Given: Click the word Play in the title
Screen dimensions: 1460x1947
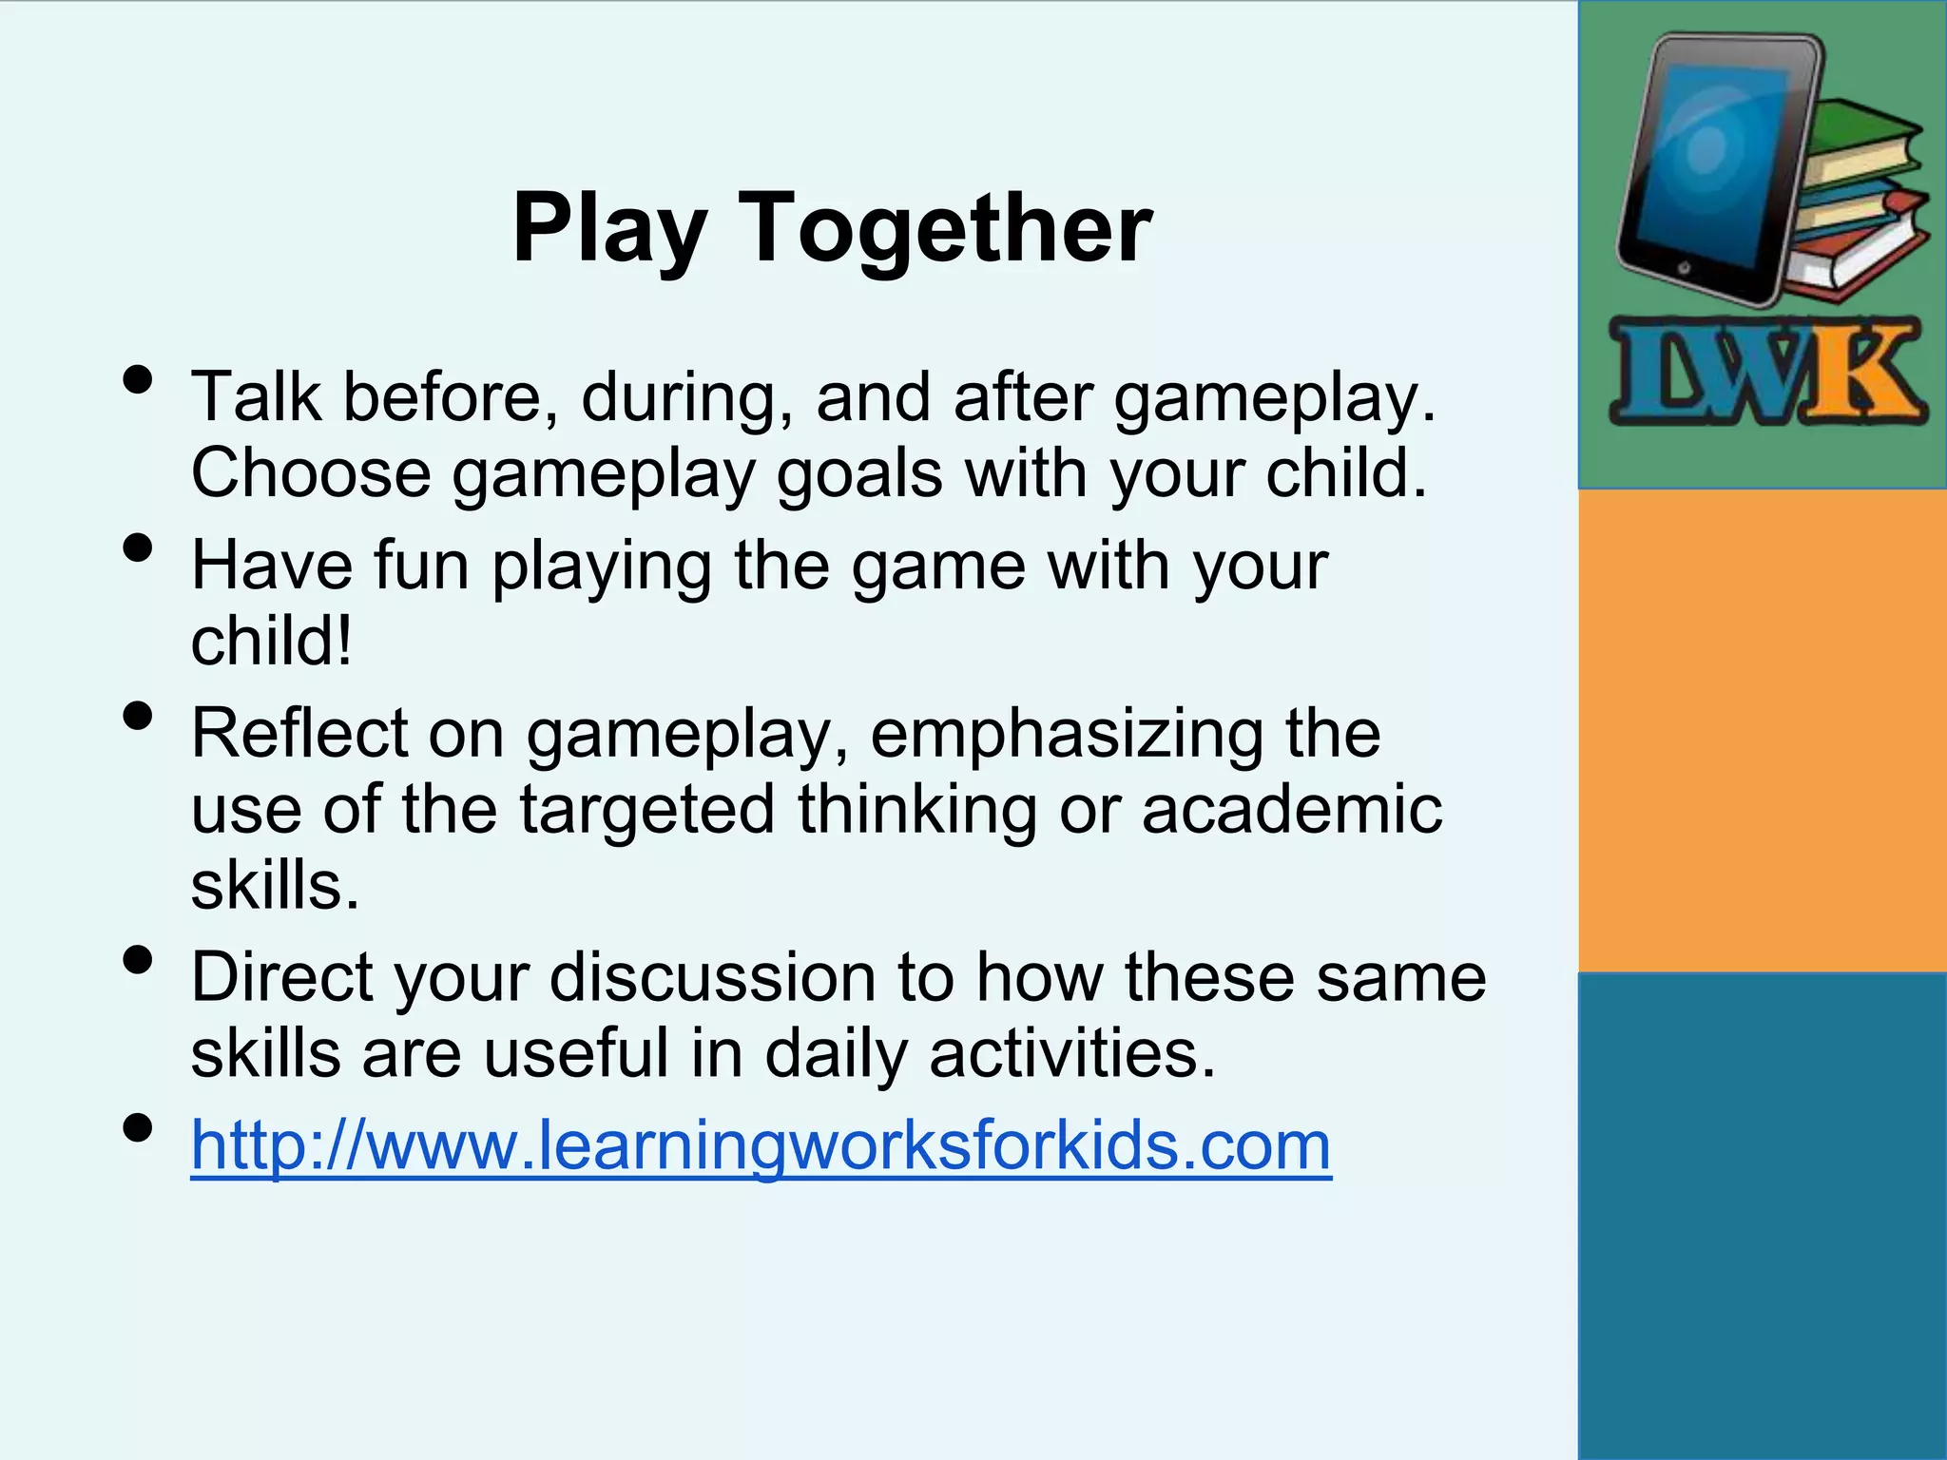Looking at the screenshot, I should point(608,228).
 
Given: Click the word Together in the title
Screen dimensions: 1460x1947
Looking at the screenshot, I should point(945,228).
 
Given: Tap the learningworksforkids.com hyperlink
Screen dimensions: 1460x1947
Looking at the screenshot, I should point(761,1145).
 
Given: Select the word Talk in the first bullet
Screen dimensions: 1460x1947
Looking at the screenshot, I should point(256,396).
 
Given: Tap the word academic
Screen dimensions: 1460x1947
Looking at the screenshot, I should point(1292,810).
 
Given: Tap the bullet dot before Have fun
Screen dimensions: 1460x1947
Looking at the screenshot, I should point(138,548).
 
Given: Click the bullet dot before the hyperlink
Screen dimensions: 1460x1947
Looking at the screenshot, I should point(138,1128).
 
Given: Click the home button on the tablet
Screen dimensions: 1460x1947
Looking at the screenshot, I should point(1684,268).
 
